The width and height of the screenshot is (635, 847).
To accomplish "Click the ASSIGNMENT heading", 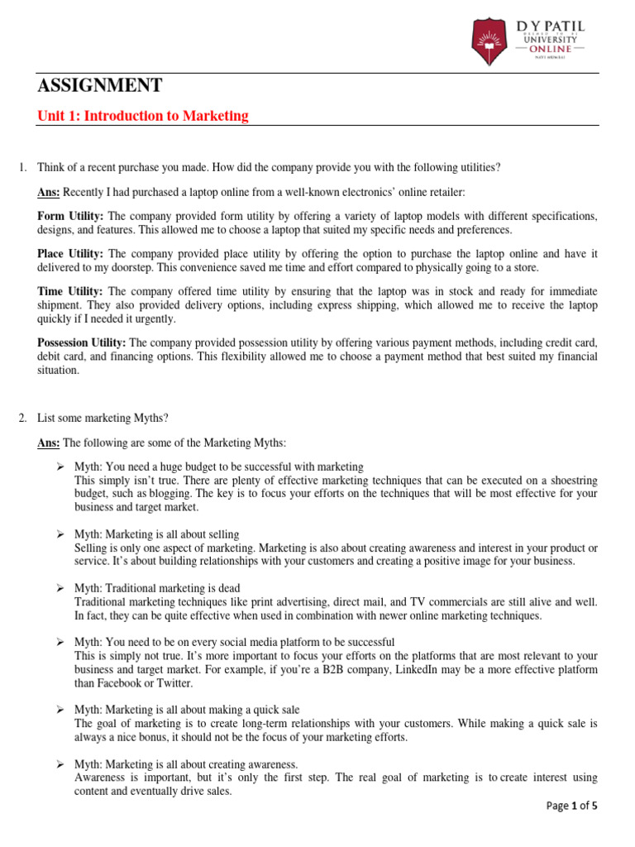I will [100, 85].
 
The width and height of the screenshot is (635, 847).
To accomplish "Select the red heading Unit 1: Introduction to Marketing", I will [143, 116].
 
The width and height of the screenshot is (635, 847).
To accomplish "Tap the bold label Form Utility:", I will [69, 216].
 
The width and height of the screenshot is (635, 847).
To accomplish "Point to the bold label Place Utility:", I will [70, 254].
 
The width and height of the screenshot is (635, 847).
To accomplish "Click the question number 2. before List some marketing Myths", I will [23, 418].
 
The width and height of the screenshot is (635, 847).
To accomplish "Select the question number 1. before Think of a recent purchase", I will [23, 167].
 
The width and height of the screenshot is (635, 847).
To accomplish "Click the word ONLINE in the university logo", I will [550, 48].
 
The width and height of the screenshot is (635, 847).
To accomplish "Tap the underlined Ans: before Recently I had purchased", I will [49, 193].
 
